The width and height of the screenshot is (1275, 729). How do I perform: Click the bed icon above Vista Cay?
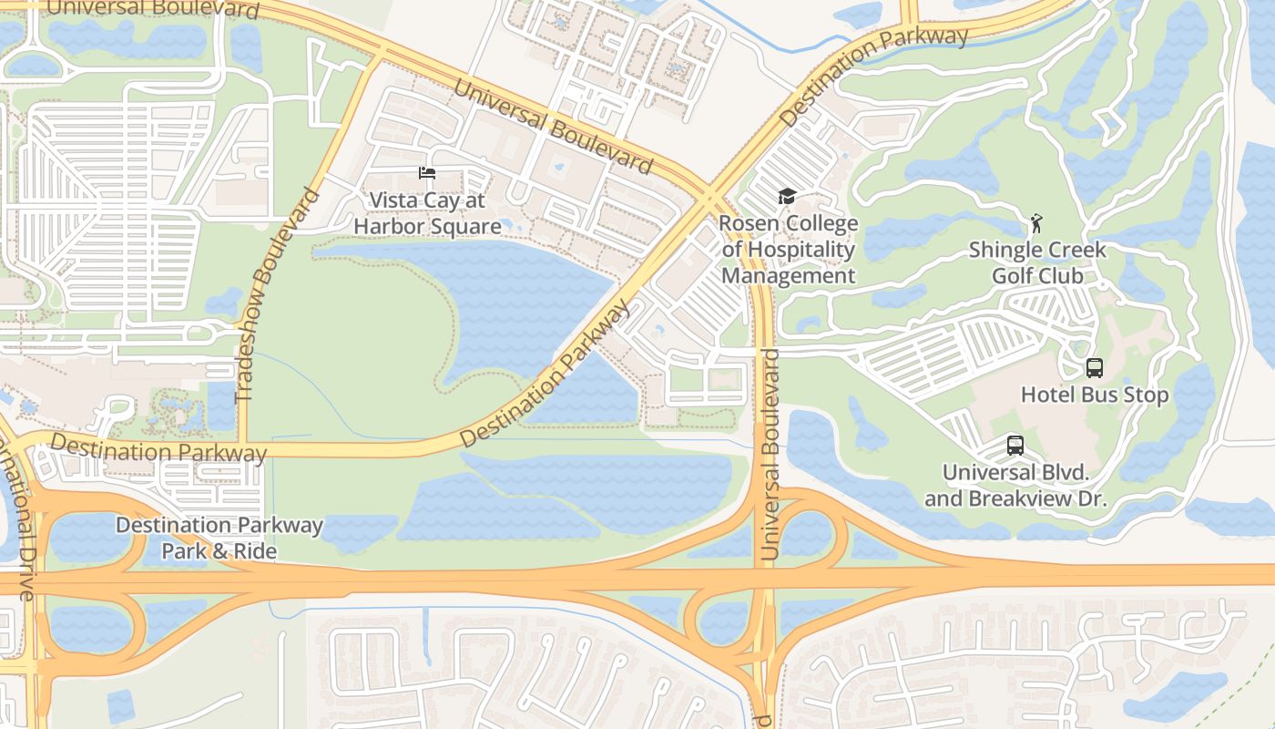coord(426,173)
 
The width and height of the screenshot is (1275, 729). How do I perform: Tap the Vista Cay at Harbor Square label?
coord(427,213)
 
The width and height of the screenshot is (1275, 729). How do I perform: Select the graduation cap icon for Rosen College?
coord(787,196)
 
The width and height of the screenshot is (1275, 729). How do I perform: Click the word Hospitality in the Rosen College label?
coord(788,250)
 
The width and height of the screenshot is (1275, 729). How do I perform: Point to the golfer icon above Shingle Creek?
coord(1035,223)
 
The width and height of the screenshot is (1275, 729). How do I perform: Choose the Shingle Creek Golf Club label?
coord(1037,262)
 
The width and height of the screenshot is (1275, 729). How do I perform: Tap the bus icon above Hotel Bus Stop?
coord(1095,368)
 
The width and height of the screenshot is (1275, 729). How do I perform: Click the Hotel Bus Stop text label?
coord(1095,395)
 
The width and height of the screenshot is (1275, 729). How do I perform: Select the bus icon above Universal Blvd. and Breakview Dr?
coord(1015,446)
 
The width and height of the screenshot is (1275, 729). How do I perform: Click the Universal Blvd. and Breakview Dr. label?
coord(1015,486)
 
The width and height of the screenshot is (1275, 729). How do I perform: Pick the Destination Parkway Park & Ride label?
coord(219,538)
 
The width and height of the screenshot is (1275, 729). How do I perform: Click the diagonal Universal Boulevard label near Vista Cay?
coord(553,126)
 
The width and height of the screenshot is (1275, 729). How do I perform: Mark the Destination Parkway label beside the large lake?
coord(545,374)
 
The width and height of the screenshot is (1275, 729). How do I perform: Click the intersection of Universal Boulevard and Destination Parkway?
coord(710,197)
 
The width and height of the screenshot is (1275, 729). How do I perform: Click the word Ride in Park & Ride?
coord(255,551)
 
